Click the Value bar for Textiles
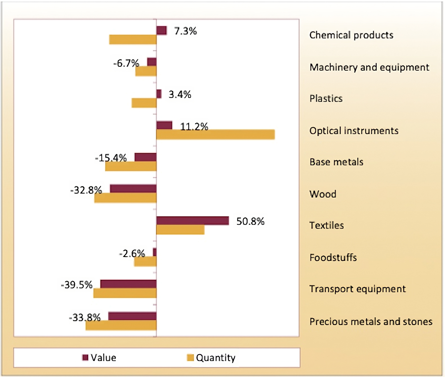point(193,221)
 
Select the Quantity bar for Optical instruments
point(215,135)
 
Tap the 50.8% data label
point(250,221)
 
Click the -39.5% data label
point(77,285)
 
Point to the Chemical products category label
point(351,35)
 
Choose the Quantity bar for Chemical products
point(133,40)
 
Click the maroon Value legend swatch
point(85,357)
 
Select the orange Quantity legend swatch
point(190,358)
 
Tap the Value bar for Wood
point(133,188)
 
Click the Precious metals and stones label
point(371,321)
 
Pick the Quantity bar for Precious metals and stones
point(121,325)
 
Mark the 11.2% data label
point(194,127)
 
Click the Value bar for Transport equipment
point(128,284)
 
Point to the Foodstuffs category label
point(333,258)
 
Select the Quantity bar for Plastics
point(144,103)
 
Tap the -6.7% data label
point(126,63)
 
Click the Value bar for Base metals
point(145,157)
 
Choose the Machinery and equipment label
point(369,67)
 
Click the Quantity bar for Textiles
point(180,230)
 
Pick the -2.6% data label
point(132,254)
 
